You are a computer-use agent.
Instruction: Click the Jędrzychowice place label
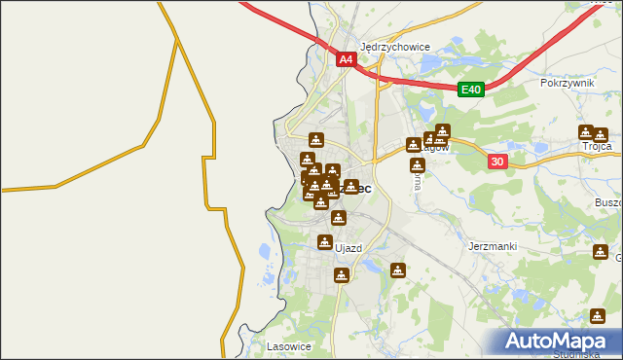pyautogui.click(x=395, y=46)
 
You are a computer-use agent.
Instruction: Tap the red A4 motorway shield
pyautogui.click(x=347, y=59)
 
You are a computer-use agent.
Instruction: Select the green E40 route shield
pyautogui.click(x=471, y=90)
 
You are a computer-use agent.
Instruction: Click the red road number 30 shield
pyautogui.click(x=496, y=162)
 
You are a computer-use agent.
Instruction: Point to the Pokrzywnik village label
pyautogui.click(x=567, y=84)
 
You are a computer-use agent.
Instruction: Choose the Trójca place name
pyautogui.click(x=596, y=146)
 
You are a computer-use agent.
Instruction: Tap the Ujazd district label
pyautogui.click(x=348, y=248)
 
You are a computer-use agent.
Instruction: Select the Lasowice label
pyautogui.click(x=287, y=345)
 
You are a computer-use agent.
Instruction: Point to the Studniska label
pyautogui.click(x=584, y=354)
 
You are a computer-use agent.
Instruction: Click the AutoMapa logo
pyautogui.click(x=560, y=342)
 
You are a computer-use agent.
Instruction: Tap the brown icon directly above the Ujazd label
pyautogui.click(x=325, y=241)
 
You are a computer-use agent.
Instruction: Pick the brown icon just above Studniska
pyautogui.click(x=597, y=316)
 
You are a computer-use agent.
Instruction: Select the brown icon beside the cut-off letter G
pyautogui.click(x=599, y=253)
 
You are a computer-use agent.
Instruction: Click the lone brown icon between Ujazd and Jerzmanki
pyautogui.click(x=397, y=270)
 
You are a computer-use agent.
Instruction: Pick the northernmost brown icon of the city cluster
pyautogui.click(x=315, y=139)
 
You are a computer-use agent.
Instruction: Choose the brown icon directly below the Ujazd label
pyautogui.click(x=341, y=275)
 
